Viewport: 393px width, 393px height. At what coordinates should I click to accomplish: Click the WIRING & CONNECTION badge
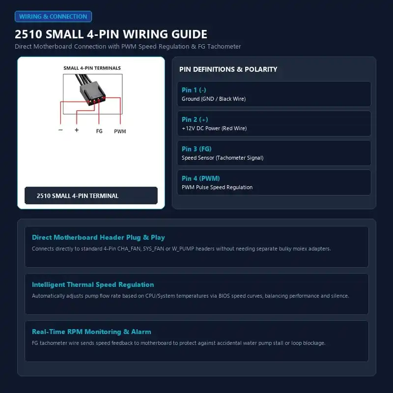53,17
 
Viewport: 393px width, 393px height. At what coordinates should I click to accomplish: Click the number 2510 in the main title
28,34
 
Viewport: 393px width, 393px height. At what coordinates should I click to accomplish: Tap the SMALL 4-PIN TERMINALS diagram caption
92,68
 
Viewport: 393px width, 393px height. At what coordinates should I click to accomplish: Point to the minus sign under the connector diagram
60,130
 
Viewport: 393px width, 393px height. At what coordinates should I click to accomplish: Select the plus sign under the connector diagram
77,130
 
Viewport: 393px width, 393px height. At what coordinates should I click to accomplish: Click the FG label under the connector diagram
99,131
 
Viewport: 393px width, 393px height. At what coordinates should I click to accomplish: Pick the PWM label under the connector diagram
120,131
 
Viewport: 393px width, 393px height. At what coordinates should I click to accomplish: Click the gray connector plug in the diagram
92,92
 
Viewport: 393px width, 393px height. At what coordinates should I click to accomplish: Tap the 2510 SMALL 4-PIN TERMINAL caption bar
91,196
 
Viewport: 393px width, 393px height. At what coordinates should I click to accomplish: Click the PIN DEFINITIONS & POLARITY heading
228,69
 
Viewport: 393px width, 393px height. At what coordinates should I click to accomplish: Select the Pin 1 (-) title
194,90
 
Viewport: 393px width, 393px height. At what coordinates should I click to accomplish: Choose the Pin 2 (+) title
195,119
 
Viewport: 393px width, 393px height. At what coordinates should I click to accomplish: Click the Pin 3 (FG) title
196,149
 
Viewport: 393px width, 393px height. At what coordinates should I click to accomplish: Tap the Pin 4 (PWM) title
201,178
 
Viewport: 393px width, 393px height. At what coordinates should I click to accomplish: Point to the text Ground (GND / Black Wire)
214,99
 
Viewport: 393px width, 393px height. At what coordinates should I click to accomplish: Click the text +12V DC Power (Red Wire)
214,128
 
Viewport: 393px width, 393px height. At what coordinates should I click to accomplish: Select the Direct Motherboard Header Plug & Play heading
98,237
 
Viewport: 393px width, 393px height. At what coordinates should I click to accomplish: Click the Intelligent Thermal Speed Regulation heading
93,284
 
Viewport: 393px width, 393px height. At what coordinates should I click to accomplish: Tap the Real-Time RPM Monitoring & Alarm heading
91,332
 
